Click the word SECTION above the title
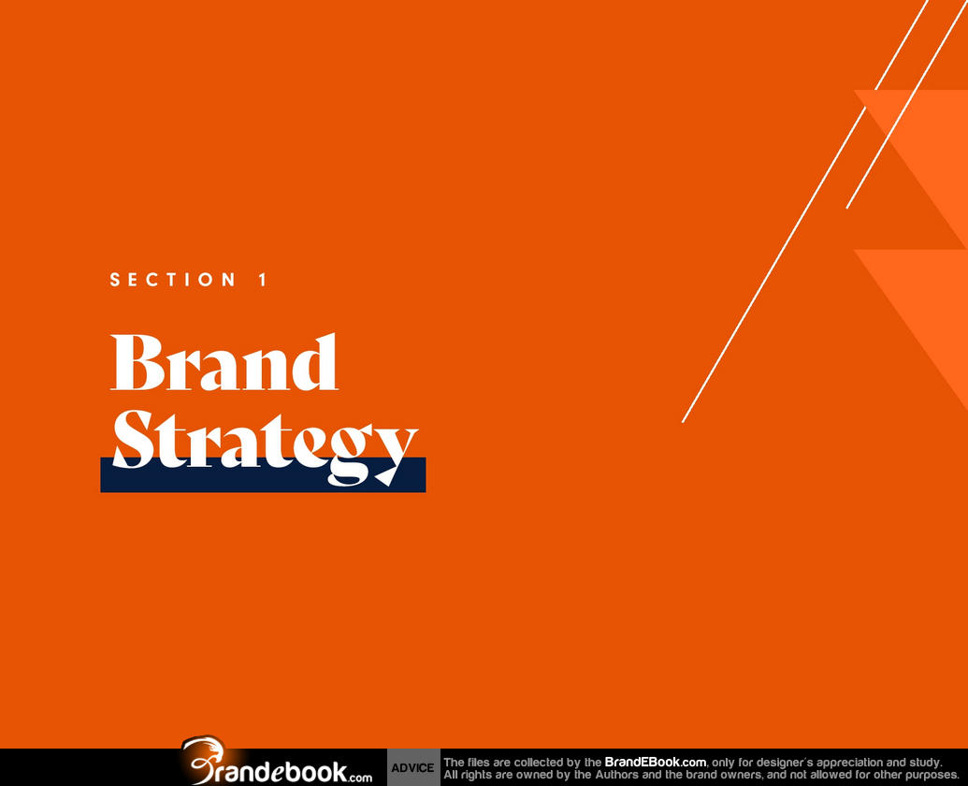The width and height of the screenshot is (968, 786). point(173,280)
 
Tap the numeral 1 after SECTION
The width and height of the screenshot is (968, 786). point(263,280)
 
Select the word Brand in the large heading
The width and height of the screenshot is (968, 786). point(224,362)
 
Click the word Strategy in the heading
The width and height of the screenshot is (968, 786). point(266,445)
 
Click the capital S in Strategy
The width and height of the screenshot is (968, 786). point(133,438)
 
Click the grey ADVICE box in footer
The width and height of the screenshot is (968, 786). point(413,767)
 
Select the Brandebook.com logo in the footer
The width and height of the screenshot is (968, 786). point(277,762)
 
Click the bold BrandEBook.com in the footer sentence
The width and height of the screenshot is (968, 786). point(655,762)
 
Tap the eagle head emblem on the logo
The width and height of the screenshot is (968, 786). point(204,749)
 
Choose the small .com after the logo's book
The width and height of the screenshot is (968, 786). point(360,778)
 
